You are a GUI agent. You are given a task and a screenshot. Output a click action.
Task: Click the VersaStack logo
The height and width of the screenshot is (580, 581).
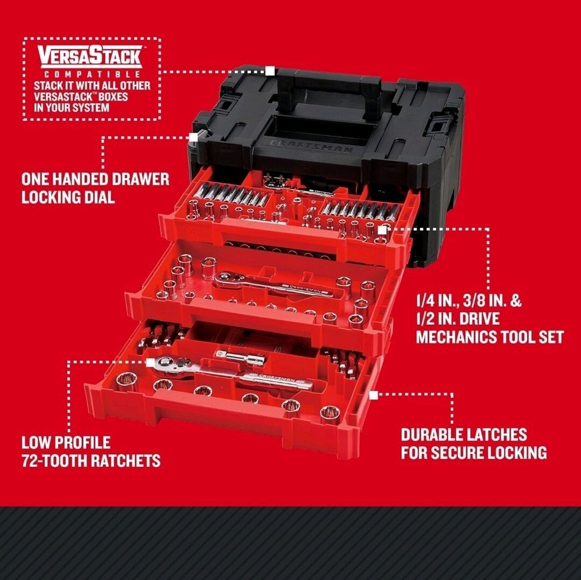coord(91,58)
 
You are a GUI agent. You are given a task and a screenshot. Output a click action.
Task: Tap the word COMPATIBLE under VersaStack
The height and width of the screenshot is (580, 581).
coord(91,75)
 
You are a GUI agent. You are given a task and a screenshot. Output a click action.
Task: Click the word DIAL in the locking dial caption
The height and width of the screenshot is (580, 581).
coord(98,197)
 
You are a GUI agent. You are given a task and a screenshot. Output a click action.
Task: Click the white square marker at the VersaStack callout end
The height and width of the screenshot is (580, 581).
coord(269,71)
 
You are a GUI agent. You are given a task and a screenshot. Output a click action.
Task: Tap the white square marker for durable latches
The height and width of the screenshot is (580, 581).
coord(373,394)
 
